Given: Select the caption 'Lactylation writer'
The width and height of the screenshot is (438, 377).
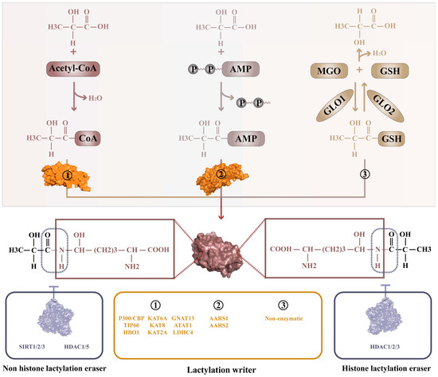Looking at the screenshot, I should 218,369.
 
